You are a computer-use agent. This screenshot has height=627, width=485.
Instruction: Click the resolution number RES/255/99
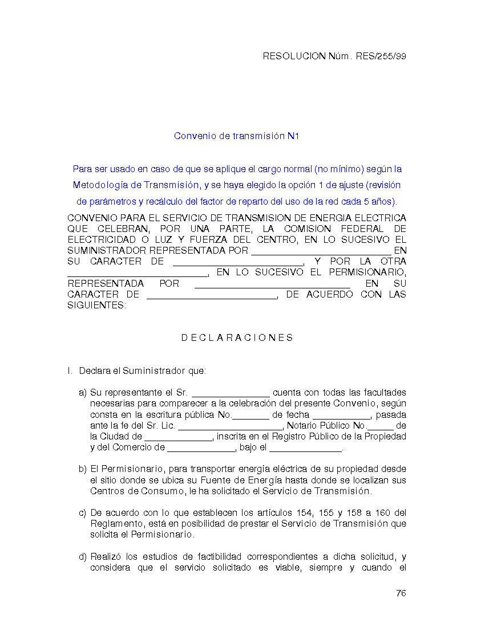[381, 56]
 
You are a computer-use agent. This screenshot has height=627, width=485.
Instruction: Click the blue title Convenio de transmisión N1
[237, 136]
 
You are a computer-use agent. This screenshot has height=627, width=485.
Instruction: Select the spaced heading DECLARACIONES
[237, 338]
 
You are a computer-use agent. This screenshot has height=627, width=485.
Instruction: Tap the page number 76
[401, 593]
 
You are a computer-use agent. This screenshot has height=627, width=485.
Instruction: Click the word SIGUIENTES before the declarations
[96, 306]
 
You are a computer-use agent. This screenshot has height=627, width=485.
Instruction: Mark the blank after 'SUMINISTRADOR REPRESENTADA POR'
[321, 251]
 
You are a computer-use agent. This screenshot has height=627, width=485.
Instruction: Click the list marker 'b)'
[83, 469]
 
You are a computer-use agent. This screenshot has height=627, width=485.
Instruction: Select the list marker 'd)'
[83, 557]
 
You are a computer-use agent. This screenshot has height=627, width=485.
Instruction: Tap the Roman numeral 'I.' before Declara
[70, 372]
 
